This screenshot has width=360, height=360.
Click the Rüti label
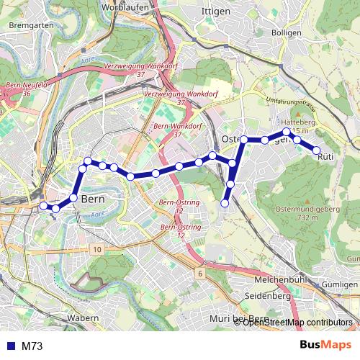point(325,156)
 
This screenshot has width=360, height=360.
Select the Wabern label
point(83,318)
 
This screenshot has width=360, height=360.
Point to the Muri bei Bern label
point(238,318)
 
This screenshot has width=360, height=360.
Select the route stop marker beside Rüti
point(315,150)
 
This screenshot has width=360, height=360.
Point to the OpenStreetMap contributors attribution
point(297,322)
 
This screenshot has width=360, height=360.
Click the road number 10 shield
point(97,248)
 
